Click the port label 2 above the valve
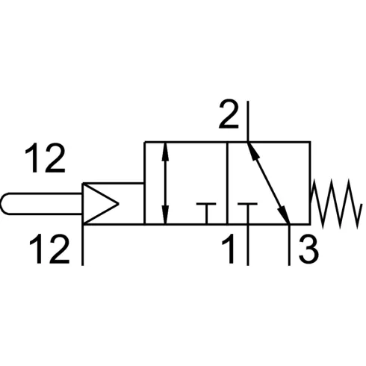(229, 114)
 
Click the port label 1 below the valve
(229, 249)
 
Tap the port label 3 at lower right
(308, 249)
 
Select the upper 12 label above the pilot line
(45, 158)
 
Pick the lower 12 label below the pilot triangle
(49, 249)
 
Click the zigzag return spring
(336, 204)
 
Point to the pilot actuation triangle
(100, 204)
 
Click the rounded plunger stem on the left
(41, 204)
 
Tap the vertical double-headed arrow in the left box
(165, 183)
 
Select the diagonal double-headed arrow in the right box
(269, 183)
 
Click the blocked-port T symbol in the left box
(206, 214)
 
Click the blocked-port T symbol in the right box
(247, 214)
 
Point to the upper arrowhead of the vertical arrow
(165, 151)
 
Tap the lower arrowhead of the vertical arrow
(165, 214)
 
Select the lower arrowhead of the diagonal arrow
(284, 215)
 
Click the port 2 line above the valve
(248, 121)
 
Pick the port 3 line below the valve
(289, 245)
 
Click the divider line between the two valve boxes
(227, 183)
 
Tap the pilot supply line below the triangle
(83, 245)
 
